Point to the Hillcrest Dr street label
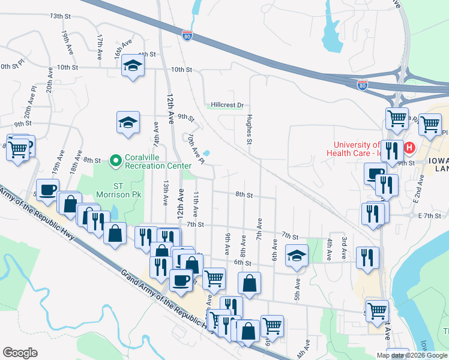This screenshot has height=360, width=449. (x=227, y=105)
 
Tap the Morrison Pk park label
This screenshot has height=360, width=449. (x=113, y=194)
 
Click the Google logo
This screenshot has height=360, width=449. (x=20, y=353)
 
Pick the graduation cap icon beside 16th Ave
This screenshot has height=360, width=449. (x=132, y=65)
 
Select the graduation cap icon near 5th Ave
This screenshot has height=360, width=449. (x=297, y=256)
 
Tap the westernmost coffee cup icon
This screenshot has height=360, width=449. (x=47, y=190)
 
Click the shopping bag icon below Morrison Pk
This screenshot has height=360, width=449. (x=115, y=233)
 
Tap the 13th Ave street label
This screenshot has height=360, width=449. (x=165, y=194)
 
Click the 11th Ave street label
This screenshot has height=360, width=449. (x=196, y=205)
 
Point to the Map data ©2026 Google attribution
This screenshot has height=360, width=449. (x=412, y=355)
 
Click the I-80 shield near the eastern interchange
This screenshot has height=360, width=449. (x=362, y=86)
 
